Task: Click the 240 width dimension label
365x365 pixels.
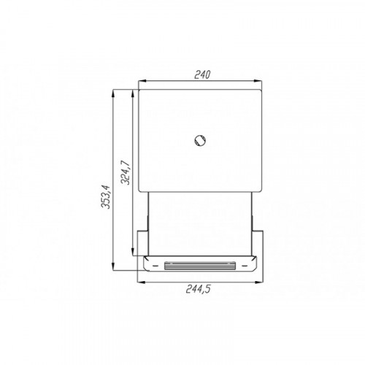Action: (202, 74)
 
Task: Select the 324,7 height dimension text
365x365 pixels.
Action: (126, 172)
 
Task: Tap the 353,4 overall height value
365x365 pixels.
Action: (106, 197)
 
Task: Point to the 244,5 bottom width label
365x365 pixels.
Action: (199, 289)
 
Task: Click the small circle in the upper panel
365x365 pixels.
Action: (200, 140)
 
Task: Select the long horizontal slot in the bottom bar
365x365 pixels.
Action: (200, 266)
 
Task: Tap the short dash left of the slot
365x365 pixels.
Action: (155, 266)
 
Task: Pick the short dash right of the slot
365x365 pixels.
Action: (245, 266)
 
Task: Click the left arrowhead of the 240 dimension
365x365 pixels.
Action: (142, 81)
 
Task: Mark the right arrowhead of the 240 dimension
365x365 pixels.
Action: (258, 81)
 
